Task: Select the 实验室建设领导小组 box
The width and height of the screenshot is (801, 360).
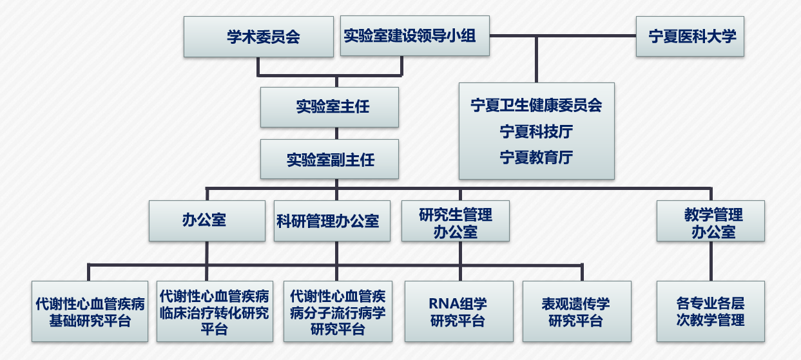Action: tap(414, 36)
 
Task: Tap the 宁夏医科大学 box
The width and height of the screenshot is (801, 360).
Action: tap(690, 36)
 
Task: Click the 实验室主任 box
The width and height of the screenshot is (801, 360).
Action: tap(329, 107)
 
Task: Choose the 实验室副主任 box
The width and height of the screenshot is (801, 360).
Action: tap(329, 159)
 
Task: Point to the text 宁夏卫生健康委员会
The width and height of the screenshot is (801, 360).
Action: tap(536, 105)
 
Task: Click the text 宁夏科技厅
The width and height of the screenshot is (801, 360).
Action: tap(536, 131)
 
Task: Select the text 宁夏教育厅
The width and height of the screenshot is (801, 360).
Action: tap(536, 157)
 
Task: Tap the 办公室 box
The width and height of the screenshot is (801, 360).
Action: tap(206, 221)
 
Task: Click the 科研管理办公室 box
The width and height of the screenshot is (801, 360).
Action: tap(332, 221)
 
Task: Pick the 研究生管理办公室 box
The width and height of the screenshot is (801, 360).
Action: tap(455, 221)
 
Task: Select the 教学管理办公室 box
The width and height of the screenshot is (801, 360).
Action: tap(710, 221)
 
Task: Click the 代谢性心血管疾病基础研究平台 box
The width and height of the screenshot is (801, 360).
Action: tap(90, 311)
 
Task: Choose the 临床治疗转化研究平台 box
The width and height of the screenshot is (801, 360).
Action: tap(215, 311)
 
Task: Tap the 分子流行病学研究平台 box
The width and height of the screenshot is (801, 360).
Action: tap(338, 311)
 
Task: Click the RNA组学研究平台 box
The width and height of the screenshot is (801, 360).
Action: tap(458, 311)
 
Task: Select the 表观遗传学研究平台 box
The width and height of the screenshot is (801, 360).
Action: tap(575, 311)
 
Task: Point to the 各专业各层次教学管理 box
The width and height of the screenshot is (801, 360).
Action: tap(710, 311)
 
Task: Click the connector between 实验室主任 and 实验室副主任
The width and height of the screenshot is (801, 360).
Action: tap(336, 133)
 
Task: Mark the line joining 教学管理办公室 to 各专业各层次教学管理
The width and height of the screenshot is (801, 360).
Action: tap(711, 261)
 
